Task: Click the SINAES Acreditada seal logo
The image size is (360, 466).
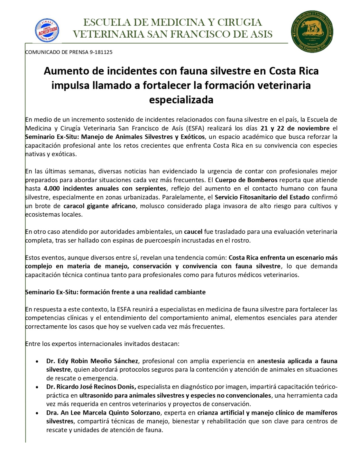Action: click(x=47, y=30)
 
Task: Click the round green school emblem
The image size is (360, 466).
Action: click(x=312, y=32)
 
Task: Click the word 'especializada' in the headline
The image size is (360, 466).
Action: click(x=181, y=100)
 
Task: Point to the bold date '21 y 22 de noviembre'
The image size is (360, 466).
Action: click(x=295, y=128)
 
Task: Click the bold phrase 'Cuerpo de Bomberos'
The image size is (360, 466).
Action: click(x=246, y=180)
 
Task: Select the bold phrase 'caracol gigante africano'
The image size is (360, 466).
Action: click(x=100, y=206)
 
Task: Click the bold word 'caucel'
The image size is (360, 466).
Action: click(x=193, y=232)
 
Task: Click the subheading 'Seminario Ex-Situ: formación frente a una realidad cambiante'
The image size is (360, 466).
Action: click(x=115, y=292)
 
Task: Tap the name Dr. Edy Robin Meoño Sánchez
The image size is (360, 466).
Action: click(x=92, y=361)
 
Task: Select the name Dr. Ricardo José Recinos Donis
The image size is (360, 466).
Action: click(x=91, y=387)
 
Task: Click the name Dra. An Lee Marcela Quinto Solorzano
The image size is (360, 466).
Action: click(x=103, y=413)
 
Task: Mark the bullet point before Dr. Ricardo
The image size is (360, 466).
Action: click(x=37, y=387)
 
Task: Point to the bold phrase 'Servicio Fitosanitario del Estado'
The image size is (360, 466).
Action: click(x=262, y=197)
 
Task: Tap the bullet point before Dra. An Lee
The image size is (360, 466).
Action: click(x=37, y=413)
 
